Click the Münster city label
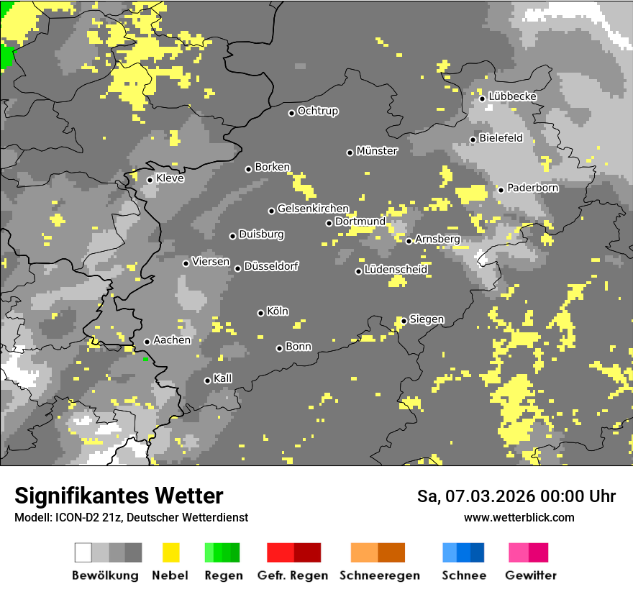pos(377,151)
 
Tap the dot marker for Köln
pos(260,313)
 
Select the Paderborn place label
pos(533,188)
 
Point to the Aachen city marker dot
pos(147,342)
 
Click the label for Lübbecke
pos(512,96)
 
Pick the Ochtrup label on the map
pos(318,111)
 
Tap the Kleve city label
pos(170,178)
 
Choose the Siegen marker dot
pos(404,321)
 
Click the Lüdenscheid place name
pos(396,270)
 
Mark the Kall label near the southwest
pos(223,378)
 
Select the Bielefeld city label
pos(501,138)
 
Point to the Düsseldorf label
pos(271,266)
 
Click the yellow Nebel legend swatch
pos(170,552)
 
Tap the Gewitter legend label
pos(530,575)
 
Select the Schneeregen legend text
pos(379,575)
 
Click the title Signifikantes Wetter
pos(119,496)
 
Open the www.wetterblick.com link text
pos(519,517)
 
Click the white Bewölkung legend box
pos(83,552)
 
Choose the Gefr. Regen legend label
pos(293,575)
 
